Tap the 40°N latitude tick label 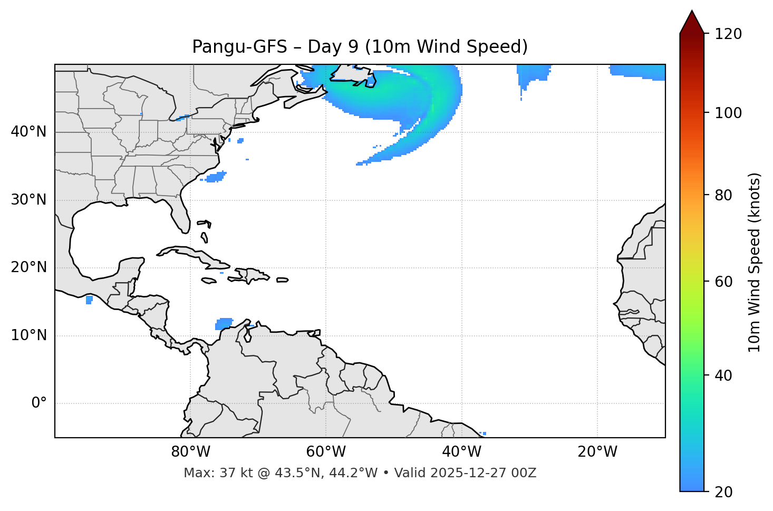tap(28, 132)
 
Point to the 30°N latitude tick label tap(28, 200)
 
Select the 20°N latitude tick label tap(28, 267)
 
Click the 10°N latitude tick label tap(28, 335)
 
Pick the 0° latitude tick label tap(39, 403)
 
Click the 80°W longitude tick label tap(190, 452)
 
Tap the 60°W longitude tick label tap(326, 452)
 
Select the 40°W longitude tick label tap(461, 452)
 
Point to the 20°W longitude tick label tap(597, 452)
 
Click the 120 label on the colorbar tap(728, 34)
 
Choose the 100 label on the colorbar tap(728, 113)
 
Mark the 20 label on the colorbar tap(724, 492)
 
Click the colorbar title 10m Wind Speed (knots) tap(755, 262)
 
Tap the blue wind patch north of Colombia tap(224, 323)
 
